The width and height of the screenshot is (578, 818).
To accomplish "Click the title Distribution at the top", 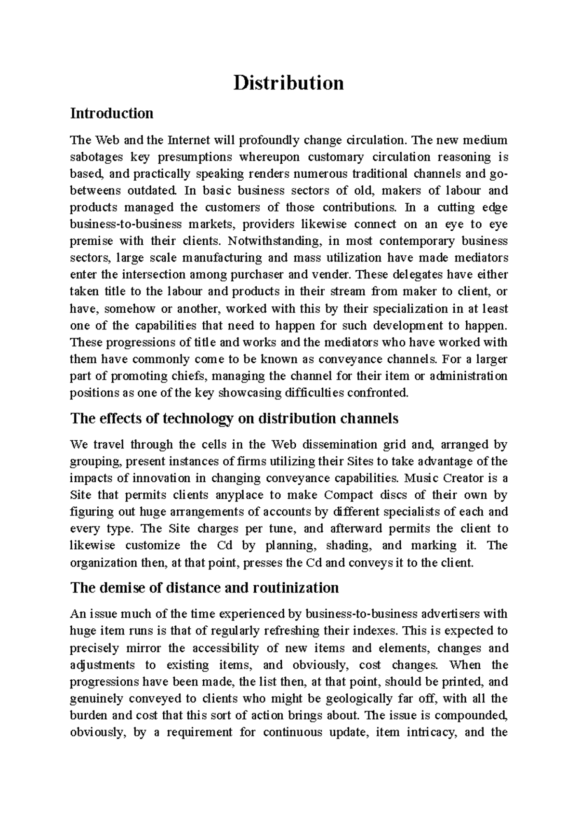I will [x=289, y=83].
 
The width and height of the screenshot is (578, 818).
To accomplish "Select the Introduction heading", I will [x=112, y=113].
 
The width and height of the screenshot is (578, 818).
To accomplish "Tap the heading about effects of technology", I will [x=234, y=418].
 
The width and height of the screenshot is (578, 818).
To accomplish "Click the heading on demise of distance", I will [x=204, y=588].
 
